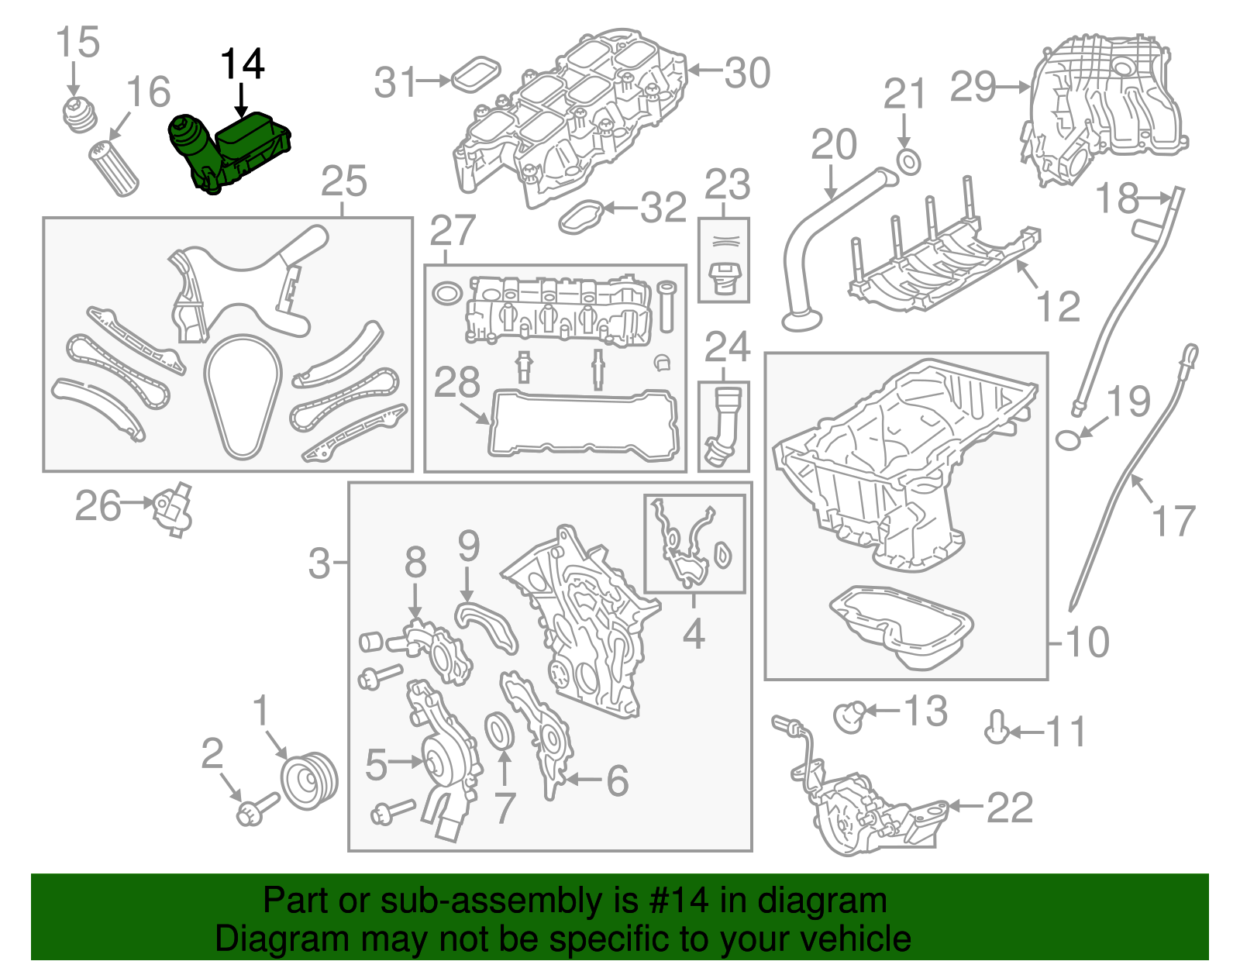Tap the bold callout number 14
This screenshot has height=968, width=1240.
point(243,64)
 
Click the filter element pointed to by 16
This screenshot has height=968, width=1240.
point(115,167)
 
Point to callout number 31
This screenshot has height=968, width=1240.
point(396,82)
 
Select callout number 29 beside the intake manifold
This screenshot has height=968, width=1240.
point(973,87)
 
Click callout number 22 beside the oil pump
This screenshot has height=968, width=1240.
point(1010,808)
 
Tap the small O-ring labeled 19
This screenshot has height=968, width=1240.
point(1068,439)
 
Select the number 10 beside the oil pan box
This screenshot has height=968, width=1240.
point(1088,642)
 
